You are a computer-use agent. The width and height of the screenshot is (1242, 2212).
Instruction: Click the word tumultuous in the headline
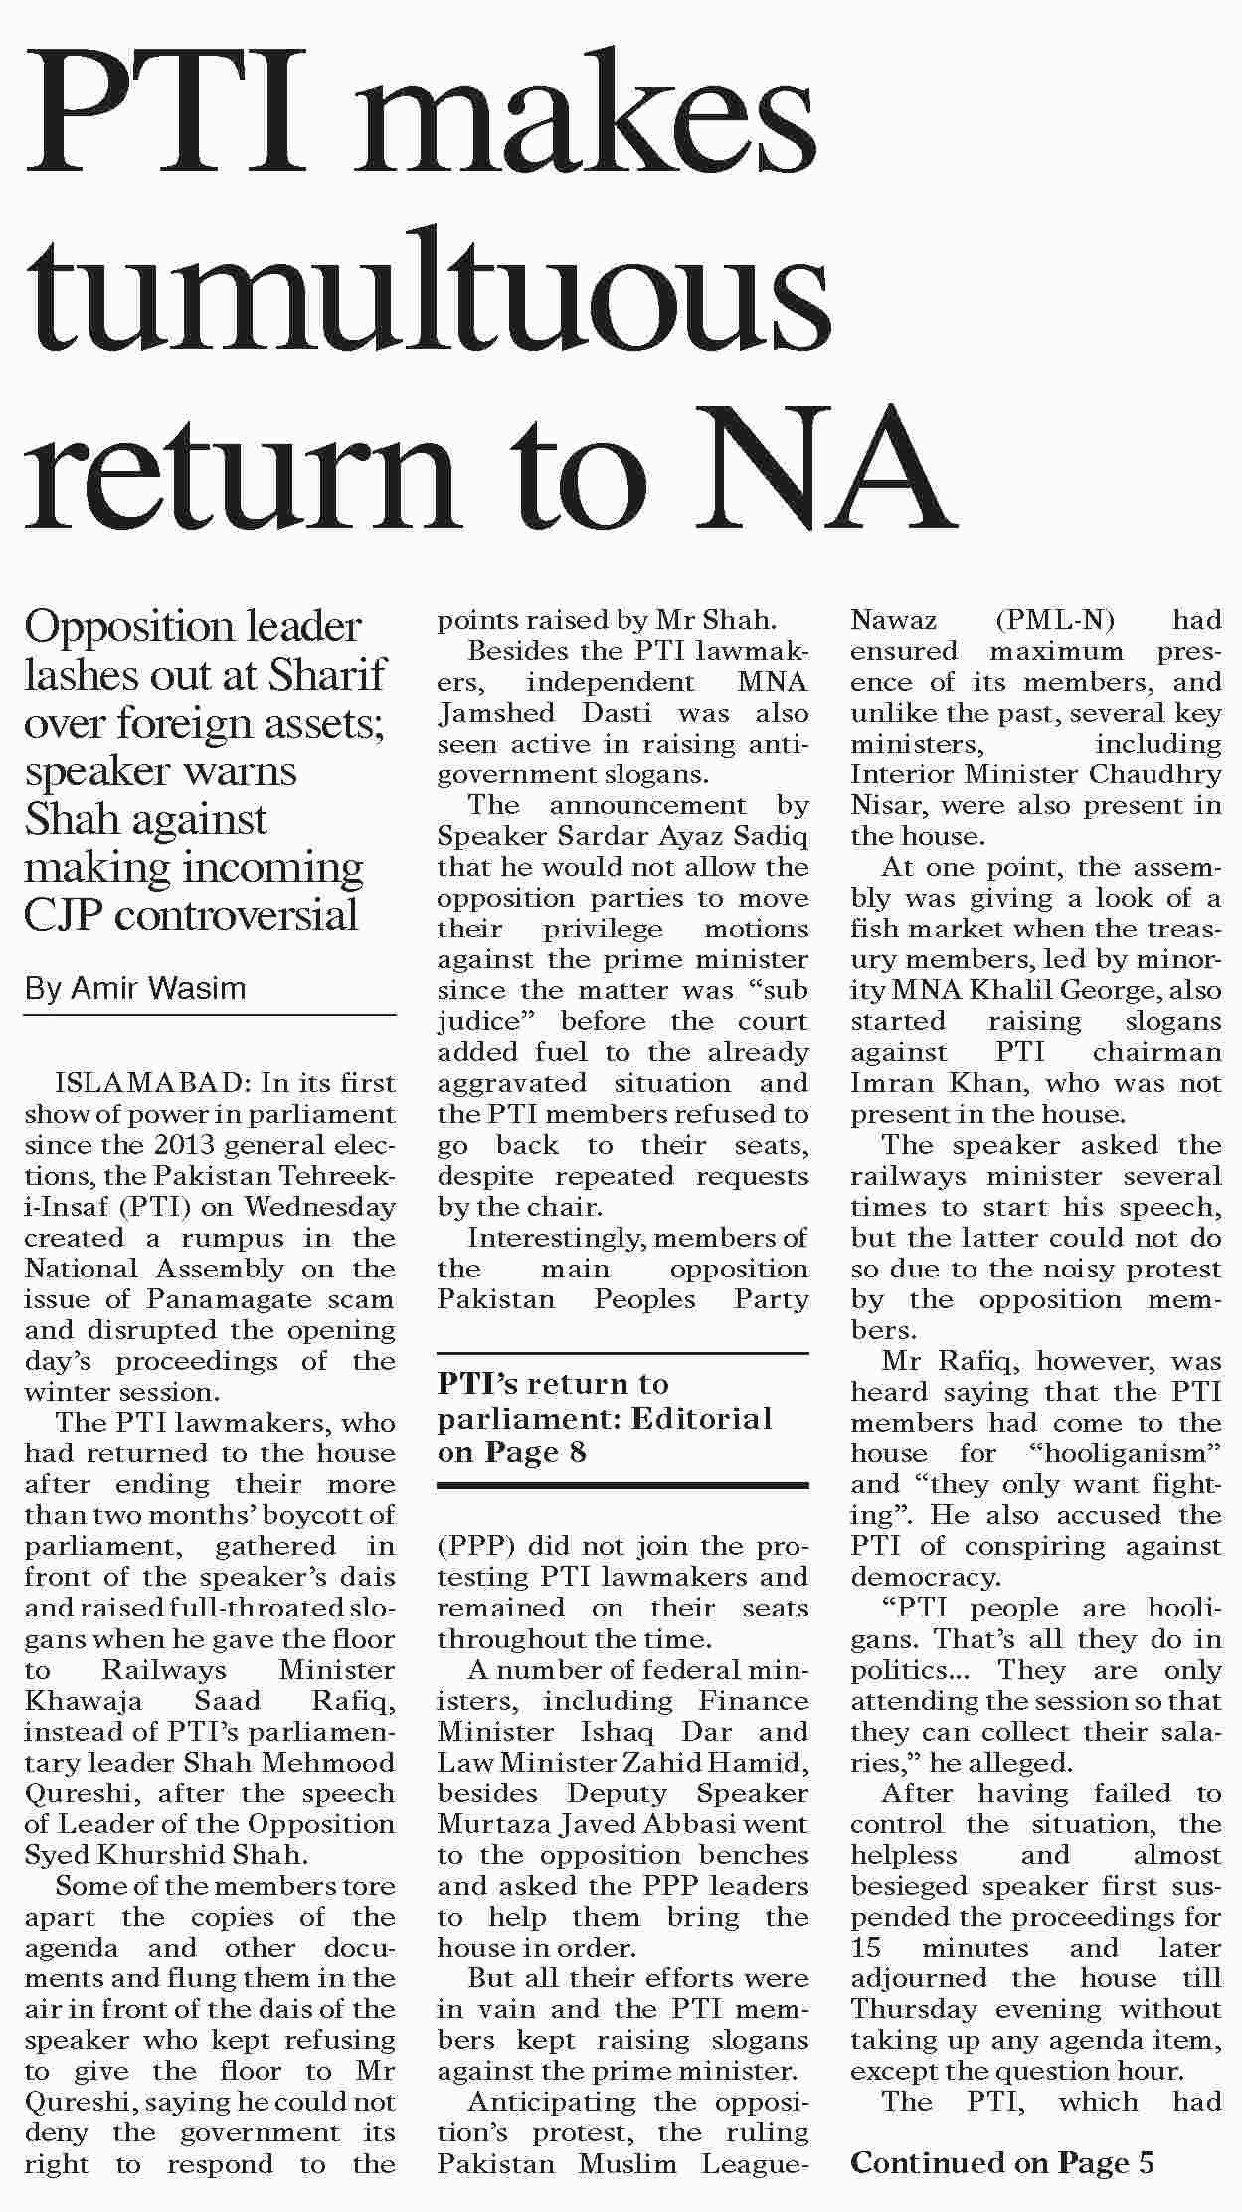pos(428,288)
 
